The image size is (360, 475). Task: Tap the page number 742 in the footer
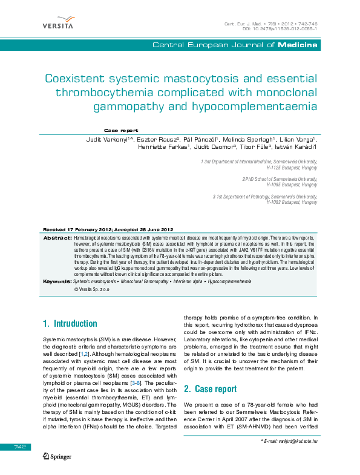point(21,446)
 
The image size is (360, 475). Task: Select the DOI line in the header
point(280,28)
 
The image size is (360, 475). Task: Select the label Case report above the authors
point(121,130)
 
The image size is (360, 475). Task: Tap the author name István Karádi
point(295,147)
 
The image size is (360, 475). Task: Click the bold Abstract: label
point(58,238)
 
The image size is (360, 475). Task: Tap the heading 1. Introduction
point(70,324)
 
